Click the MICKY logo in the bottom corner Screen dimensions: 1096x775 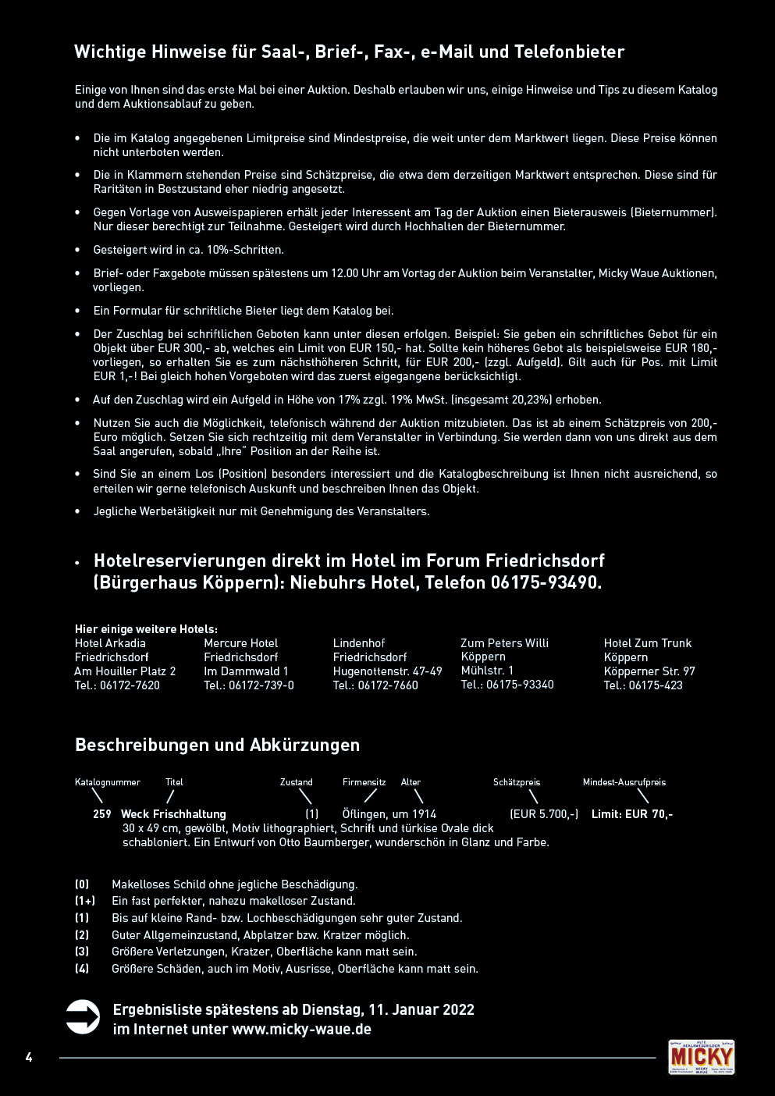701,1057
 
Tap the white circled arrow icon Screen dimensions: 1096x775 83,1017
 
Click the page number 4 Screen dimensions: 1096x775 29,1058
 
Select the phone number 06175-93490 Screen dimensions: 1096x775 546,582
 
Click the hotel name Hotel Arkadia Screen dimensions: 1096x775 110,643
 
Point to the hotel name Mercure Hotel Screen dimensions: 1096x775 240,643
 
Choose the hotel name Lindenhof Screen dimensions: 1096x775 359,643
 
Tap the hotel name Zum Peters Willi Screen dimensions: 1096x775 504,643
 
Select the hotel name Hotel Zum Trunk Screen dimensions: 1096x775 647,643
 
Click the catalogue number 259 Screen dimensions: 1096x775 102,814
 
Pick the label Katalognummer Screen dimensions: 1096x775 108,782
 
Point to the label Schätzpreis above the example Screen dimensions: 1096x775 516,782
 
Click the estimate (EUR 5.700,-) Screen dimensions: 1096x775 544,814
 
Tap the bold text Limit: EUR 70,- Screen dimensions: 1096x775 632,814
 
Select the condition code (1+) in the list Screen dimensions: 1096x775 84,901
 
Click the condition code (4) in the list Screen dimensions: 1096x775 82,969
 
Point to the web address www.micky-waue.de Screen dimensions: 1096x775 301,1029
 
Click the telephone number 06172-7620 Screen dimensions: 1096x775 130,685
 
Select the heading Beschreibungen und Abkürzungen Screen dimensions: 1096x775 217,745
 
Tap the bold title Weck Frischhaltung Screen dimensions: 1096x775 173,814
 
